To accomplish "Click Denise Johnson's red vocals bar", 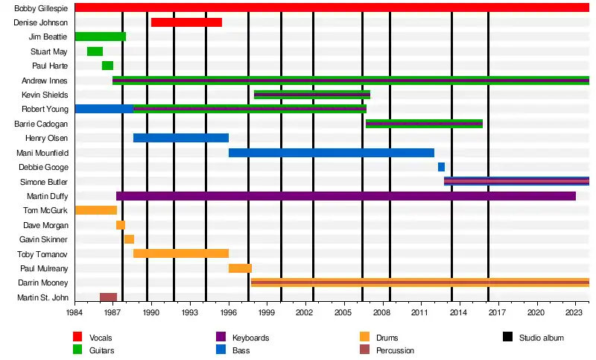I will pos(186,22).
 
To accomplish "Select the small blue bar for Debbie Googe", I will pos(441,167).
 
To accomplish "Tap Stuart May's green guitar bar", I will pos(95,51).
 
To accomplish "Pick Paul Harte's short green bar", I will pos(107,66).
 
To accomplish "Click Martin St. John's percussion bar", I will pos(108,297).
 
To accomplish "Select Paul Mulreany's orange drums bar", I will pos(240,268).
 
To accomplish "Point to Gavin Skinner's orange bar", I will pos(129,239).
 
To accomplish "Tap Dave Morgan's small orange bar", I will pos(121,225).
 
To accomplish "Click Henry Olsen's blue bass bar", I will pos(181,138).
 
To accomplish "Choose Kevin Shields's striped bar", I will pos(312,95).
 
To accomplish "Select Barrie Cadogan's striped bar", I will pos(424,124).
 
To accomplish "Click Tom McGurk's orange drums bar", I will pos(95,210).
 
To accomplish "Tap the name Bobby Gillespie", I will pos(41,8).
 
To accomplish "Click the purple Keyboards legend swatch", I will pos(221,338).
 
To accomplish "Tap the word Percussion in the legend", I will pos(395,350).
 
